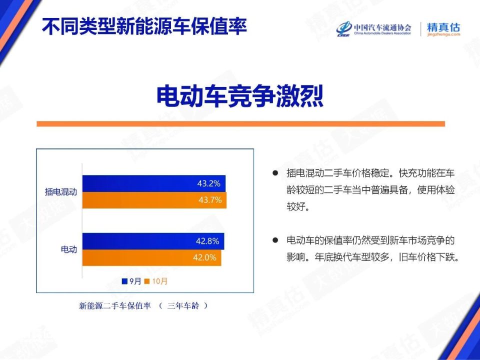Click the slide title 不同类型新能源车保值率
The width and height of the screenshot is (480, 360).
144,26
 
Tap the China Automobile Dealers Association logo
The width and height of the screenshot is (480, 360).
374,29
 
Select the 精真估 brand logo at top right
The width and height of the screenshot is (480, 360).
443,29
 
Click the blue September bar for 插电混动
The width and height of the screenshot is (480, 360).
154,183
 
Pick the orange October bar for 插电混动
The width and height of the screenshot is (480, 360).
154,200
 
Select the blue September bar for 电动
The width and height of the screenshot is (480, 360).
153,241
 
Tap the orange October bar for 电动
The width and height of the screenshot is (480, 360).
151,258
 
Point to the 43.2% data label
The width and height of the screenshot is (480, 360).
208,183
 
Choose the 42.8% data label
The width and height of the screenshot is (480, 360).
207,241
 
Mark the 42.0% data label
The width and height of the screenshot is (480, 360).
204,258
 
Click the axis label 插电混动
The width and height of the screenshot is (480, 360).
60,192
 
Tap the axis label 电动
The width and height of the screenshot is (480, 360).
69,249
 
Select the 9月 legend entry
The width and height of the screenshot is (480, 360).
131,281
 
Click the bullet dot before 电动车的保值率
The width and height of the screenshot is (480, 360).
275,240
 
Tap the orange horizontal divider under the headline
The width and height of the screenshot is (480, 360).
240,123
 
